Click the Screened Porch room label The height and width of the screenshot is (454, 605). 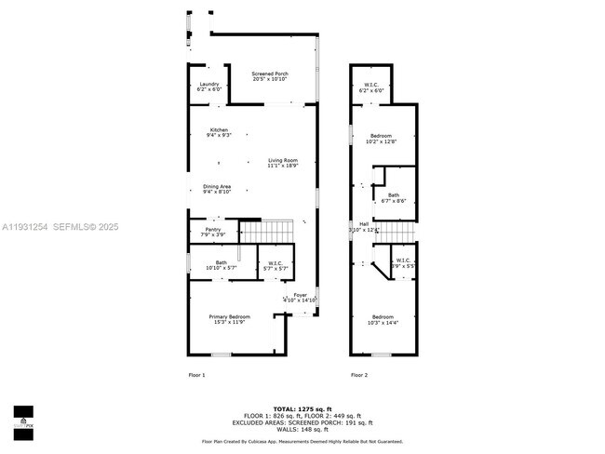point(270,76)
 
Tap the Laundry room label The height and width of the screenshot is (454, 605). point(209,87)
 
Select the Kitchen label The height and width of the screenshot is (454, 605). point(219,132)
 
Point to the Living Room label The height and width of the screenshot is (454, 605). point(284,163)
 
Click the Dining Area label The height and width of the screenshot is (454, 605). point(217,189)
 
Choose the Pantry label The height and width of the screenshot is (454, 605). point(213,233)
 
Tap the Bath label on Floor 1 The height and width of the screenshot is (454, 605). point(221,265)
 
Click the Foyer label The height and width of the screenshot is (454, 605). point(300,297)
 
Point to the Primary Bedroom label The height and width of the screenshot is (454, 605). point(229,319)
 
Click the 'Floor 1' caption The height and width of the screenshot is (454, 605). point(196,375)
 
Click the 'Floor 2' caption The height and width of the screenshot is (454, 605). point(359,375)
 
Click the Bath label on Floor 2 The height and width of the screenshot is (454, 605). point(394,197)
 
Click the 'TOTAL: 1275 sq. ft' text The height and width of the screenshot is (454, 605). point(302,408)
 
